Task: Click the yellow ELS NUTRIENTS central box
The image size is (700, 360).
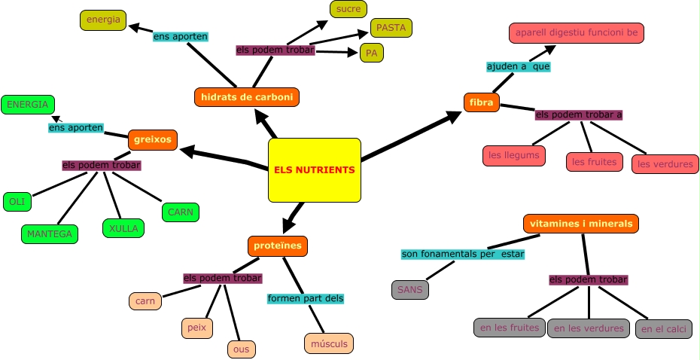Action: pos(313,170)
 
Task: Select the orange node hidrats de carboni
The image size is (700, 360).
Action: pos(246,97)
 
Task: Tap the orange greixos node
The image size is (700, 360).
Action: pos(153,139)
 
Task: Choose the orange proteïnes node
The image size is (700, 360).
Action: pos(278,246)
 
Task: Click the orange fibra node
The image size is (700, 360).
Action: pos(481,102)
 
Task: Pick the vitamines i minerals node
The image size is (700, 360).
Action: pos(581,224)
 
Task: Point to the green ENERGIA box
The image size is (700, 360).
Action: pos(27,104)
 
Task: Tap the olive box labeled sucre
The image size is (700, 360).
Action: pos(348,9)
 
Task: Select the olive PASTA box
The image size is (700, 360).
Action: pos(391,28)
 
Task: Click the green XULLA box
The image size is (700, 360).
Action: pos(123,227)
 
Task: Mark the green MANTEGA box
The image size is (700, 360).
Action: pos(49,234)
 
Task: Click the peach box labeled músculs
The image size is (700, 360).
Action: pos(329,344)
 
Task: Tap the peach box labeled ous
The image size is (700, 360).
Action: pos(242,349)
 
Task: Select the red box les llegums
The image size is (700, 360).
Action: pos(513,156)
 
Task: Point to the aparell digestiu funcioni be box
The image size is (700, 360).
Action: pos(577,34)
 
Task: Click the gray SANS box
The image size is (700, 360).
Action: pos(409,289)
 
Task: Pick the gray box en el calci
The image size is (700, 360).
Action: pos(663,329)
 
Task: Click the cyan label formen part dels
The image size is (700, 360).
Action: pos(306,298)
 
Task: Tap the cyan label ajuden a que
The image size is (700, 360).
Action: pos(519,66)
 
